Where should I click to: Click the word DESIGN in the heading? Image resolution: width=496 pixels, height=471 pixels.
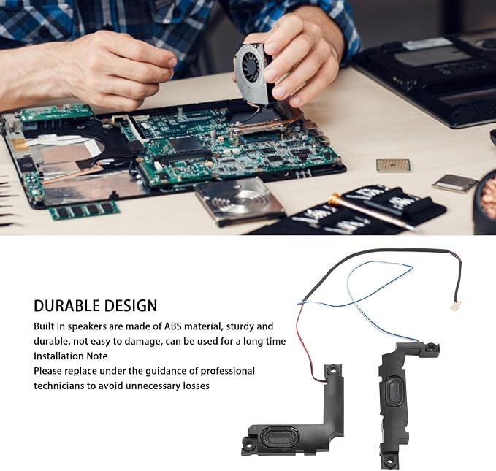tap(131, 305)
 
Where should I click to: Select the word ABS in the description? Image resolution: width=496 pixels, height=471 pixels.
tap(173, 326)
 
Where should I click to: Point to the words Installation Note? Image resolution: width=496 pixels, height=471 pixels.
tap(71, 356)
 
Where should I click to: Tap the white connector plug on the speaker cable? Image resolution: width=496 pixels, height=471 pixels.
tap(456, 307)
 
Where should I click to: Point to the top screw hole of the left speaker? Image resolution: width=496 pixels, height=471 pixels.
tap(333, 369)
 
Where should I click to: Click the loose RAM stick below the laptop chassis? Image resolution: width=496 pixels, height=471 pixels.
tap(85, 210)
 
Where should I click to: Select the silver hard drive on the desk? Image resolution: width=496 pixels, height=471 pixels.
tap(239, 201)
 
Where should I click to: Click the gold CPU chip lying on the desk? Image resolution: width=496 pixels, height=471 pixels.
tap(393, 165)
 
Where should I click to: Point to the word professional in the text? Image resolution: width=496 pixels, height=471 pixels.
tap(227, 371)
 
